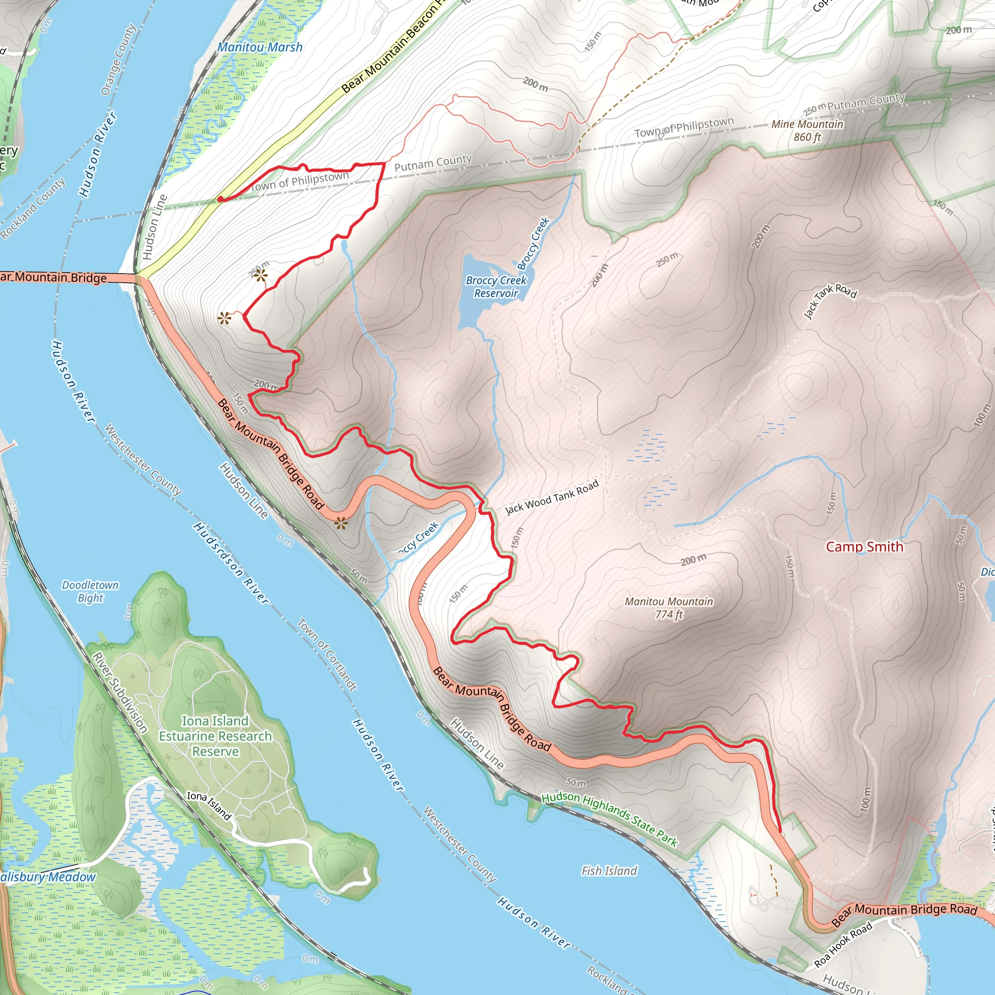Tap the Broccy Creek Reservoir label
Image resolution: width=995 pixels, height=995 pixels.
496,287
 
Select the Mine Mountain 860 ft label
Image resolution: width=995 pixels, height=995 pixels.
807,130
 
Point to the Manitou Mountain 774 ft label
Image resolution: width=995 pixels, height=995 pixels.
669,608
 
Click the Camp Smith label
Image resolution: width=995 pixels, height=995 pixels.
864,547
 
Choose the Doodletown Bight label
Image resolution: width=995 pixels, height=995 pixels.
90,591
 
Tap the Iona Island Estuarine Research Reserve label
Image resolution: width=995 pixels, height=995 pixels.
215,736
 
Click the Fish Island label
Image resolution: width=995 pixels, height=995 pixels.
609,870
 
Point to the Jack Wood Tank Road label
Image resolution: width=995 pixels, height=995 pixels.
551,497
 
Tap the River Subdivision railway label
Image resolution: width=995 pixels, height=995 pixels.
120,692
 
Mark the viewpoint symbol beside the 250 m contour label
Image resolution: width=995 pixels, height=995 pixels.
260,275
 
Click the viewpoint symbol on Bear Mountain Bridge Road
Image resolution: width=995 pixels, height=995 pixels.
341,524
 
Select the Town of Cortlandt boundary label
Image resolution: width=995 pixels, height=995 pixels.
327,654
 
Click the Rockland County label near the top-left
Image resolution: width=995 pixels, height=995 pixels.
33,208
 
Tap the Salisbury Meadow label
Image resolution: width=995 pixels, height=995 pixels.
48,876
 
